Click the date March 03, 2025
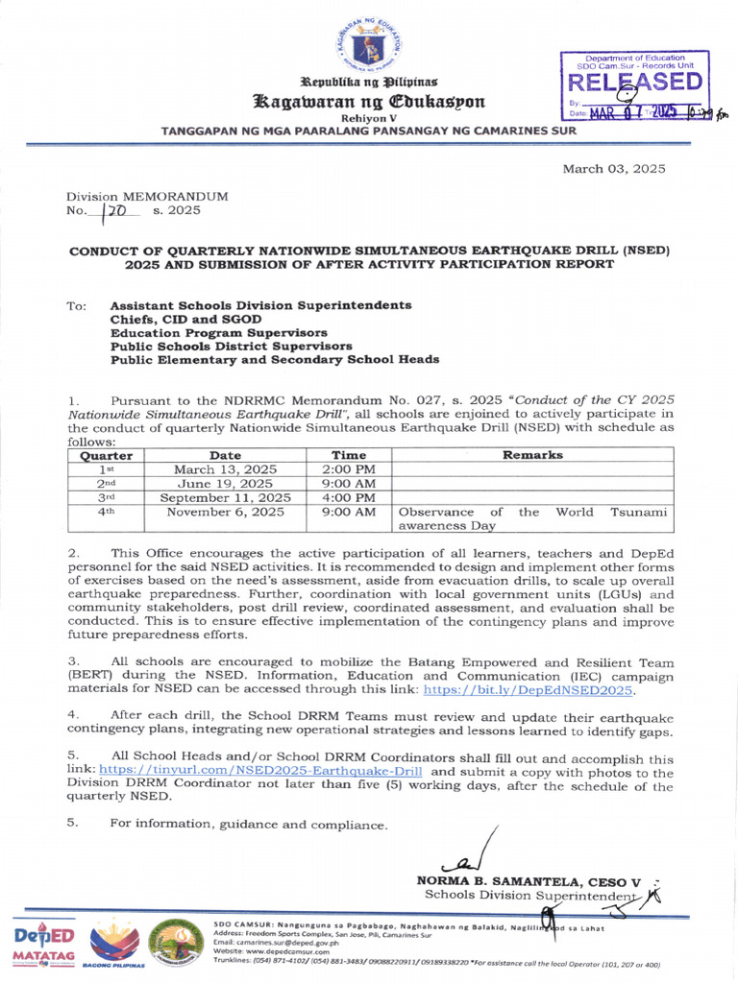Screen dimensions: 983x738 (613, 168)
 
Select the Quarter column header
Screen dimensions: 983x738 (106, 455)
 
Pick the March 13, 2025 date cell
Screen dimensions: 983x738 (225, 469)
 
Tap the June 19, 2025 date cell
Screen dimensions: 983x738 (225, 484)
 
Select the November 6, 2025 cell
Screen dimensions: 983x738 (225, 513)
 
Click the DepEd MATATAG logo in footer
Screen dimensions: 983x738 (42, 945)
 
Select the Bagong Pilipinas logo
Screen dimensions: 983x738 (113, 945)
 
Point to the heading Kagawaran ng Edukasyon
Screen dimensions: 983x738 (370, 102)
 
